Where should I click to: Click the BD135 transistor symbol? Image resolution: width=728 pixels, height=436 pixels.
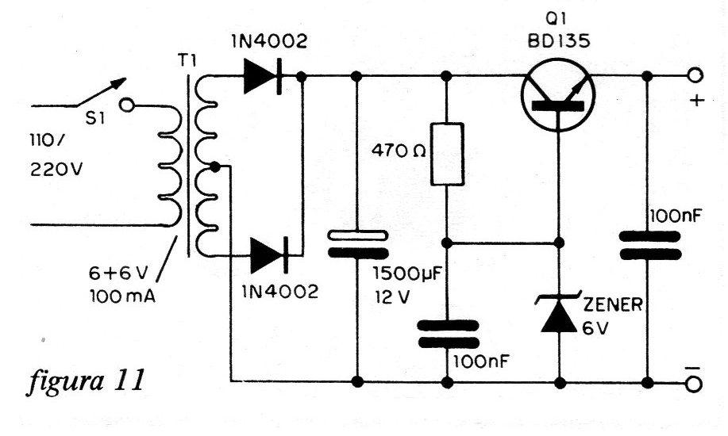click(557, 95)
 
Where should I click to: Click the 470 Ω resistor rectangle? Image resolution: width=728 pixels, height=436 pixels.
click(447, 154)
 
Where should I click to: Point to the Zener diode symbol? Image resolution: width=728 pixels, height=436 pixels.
click(559, 312)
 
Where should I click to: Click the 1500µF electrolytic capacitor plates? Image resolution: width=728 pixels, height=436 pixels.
click(357, 244)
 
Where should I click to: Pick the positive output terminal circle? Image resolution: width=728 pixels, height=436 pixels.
click(695, 75)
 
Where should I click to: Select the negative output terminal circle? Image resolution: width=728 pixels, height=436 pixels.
click(695, 384)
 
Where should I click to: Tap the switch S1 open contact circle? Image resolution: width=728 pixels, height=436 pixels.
click(126, 105)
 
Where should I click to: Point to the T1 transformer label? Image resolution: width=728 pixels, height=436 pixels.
click(187, 60)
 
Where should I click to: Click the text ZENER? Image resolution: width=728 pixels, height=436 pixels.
click(613, 304)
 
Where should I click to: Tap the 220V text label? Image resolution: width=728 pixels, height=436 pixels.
click(56, 170)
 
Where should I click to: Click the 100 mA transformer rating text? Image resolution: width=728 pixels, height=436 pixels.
click(122, 296)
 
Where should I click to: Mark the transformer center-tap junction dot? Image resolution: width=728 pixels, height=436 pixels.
click(214, 166)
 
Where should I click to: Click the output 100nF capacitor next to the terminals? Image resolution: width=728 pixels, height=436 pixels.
click(650, 246)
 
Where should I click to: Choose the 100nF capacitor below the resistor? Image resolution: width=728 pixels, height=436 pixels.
click(448, 334)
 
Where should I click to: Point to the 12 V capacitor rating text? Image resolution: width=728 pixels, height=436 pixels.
click(393, 296)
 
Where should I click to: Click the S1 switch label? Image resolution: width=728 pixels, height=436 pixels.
click(94, 119)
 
